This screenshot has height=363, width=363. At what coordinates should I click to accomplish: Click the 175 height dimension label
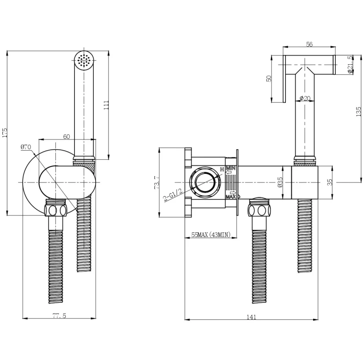(x=5, y=132)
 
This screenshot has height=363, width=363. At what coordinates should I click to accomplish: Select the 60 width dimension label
(x=67, y=137)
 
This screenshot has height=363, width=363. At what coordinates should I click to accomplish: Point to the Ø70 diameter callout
(x=25, y=147)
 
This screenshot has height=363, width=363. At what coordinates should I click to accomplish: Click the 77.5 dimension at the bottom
(x=59, y=316)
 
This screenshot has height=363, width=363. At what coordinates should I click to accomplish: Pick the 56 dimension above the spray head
(x=309, y=44)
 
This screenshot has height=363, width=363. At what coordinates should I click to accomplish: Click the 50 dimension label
(x=269, y=78)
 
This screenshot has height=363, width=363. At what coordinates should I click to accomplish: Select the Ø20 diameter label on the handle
(x=305, y=98)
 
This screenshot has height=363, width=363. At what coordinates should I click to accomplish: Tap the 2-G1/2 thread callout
(x=173, y=195)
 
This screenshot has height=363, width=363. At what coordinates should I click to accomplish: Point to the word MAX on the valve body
(x=231, y=197)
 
